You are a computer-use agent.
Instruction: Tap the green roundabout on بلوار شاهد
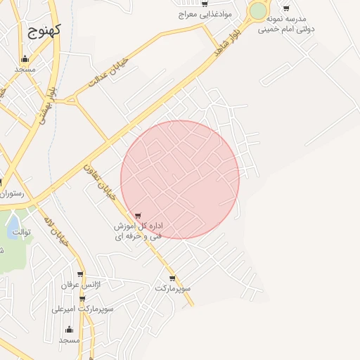(258, 11)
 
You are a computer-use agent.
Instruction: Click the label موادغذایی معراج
(205, 14)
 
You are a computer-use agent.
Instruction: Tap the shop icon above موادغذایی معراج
(205, 4)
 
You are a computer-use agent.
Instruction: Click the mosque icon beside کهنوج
(26, 59)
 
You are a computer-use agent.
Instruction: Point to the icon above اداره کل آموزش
(138, 215)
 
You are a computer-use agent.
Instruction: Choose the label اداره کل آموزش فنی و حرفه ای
(139, 231)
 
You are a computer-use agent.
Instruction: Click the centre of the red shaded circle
(180, 179)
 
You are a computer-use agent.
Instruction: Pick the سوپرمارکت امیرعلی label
(87, 309)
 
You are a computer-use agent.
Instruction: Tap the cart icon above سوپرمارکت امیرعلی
(82, 298)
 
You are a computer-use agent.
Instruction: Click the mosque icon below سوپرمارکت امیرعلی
(69, 329)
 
